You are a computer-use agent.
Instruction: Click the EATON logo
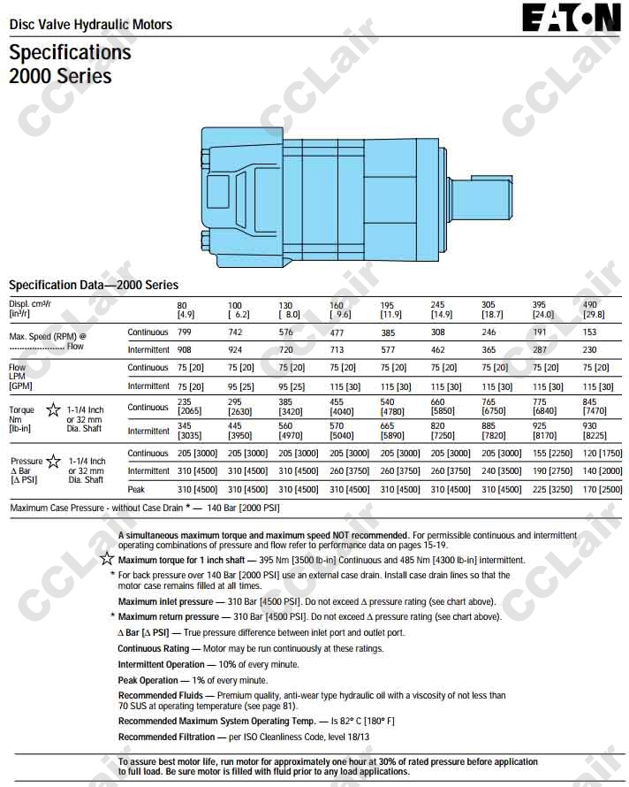571,17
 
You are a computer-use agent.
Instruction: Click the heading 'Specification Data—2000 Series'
94,285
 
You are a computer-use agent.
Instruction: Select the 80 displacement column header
186,309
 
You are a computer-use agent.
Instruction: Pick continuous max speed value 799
186,332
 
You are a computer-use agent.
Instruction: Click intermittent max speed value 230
590,350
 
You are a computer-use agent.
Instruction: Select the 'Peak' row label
136,489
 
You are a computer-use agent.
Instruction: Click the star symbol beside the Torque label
53,410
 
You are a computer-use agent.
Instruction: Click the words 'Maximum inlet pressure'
165,601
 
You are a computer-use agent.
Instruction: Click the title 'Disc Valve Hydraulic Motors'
90,25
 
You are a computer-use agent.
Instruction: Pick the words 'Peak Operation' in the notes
148,680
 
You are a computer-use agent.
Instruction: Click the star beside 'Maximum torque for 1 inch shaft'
107,559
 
